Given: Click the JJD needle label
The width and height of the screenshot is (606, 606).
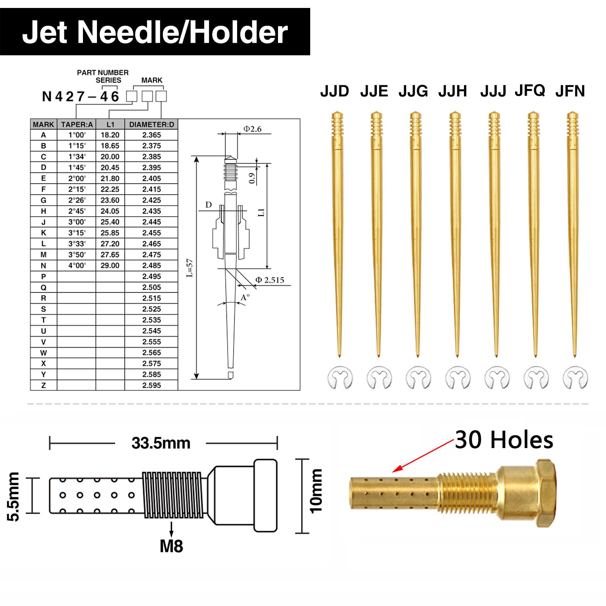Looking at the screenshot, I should (x=334, y=91).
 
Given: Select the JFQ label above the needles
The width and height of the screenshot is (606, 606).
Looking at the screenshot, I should (x=530, y=91).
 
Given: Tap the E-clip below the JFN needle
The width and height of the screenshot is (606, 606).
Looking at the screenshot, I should (x=575, y=378).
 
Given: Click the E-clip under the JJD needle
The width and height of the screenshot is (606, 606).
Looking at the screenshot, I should (x=340, y=378).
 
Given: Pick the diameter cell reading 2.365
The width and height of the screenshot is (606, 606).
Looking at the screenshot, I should (x=151, y=135).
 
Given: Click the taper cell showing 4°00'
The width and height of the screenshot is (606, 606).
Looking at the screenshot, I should (x=77, y=266).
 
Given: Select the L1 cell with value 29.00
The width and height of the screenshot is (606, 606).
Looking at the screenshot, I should (x=110, y=266).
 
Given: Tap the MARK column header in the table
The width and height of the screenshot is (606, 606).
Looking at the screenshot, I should (x=44, y=124).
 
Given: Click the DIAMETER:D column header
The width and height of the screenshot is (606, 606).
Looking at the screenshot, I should (x=151, y=124).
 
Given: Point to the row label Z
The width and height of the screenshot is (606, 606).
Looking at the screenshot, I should (x=44, y=385).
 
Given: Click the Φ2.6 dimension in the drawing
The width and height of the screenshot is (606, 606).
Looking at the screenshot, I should (x=252, y=129).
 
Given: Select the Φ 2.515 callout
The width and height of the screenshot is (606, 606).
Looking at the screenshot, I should (x=270, y=280).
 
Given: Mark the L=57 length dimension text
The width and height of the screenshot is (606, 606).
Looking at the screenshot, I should (x=190, y=268).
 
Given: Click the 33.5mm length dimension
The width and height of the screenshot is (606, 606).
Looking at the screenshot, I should (x=161, y=443).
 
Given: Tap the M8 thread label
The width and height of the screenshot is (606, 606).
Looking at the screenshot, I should (x=172, y=546).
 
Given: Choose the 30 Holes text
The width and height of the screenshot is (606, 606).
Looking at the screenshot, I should (x=504, y=440).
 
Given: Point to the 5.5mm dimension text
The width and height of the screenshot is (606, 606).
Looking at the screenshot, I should (x=14, y=497).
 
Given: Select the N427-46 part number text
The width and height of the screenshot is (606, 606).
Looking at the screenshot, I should (x=81, y=97).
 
